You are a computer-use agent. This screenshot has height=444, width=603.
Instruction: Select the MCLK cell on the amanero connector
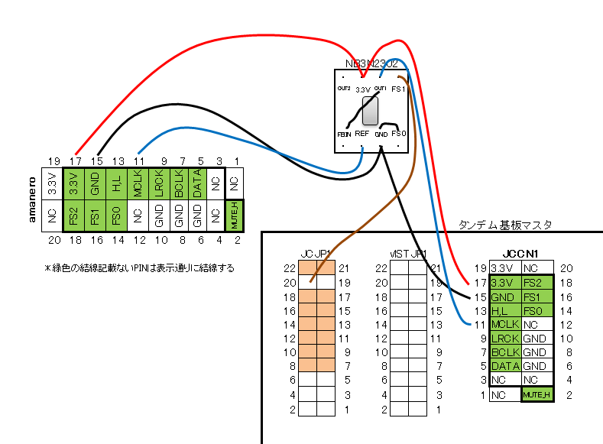pyautogui.click(x=138, y=186)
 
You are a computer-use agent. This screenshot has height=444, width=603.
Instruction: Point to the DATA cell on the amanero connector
pyautogui.click(x=197, y=186)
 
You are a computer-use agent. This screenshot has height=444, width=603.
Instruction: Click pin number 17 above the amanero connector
pyautogui.click(x=75, y=161)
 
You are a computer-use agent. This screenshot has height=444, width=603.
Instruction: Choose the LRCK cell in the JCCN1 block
pyautogui.click(x=505, y=338)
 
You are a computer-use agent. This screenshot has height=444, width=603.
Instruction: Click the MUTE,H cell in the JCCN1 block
pyautogui.click(x=537, y=394)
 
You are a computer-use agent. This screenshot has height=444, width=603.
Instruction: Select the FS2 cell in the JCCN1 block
pyautogui.click(x=536, y=282)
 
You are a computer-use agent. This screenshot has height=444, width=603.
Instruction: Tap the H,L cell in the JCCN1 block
pyautogui.click(x=505, y=310)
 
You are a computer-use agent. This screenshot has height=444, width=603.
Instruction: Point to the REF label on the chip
pyautogui.click(x=361, y=134)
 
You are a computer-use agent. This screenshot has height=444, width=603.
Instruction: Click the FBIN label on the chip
pyautogui.click(x=343, y=134)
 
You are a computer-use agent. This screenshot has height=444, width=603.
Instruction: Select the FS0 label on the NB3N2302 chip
pyautogui.click(x=398, y=133)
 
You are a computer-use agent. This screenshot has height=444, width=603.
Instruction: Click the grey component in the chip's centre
pyautogui.click(x=370, y=111)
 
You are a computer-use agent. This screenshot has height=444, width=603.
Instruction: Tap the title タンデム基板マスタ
pyautogui.click(x=504, y=225)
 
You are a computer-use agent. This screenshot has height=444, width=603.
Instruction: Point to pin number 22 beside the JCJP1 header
pyautogui.click(x=289, y=268)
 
